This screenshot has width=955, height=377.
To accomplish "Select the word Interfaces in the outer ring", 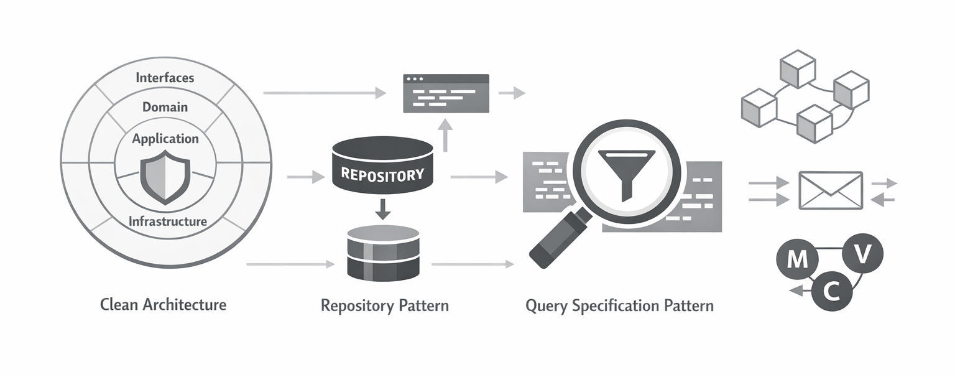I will (x=165, y=78).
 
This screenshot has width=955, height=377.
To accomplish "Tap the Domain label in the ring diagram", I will (x=165, y=107).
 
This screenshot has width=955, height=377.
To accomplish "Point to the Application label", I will (x=165, y=139).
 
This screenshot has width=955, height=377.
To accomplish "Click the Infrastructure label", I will (x=167, y=221).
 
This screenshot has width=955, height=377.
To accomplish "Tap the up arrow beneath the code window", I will (x=445, y=136).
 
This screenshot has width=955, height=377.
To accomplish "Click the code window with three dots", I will (x=446, y=93).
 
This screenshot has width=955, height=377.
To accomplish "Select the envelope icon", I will (x=830, y=190).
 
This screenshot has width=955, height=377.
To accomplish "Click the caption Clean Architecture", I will (x=163, y=305).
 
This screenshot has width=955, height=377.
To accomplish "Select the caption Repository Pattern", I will (x=384, y=306).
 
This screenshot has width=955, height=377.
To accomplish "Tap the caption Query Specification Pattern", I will (x=619, y=306).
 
